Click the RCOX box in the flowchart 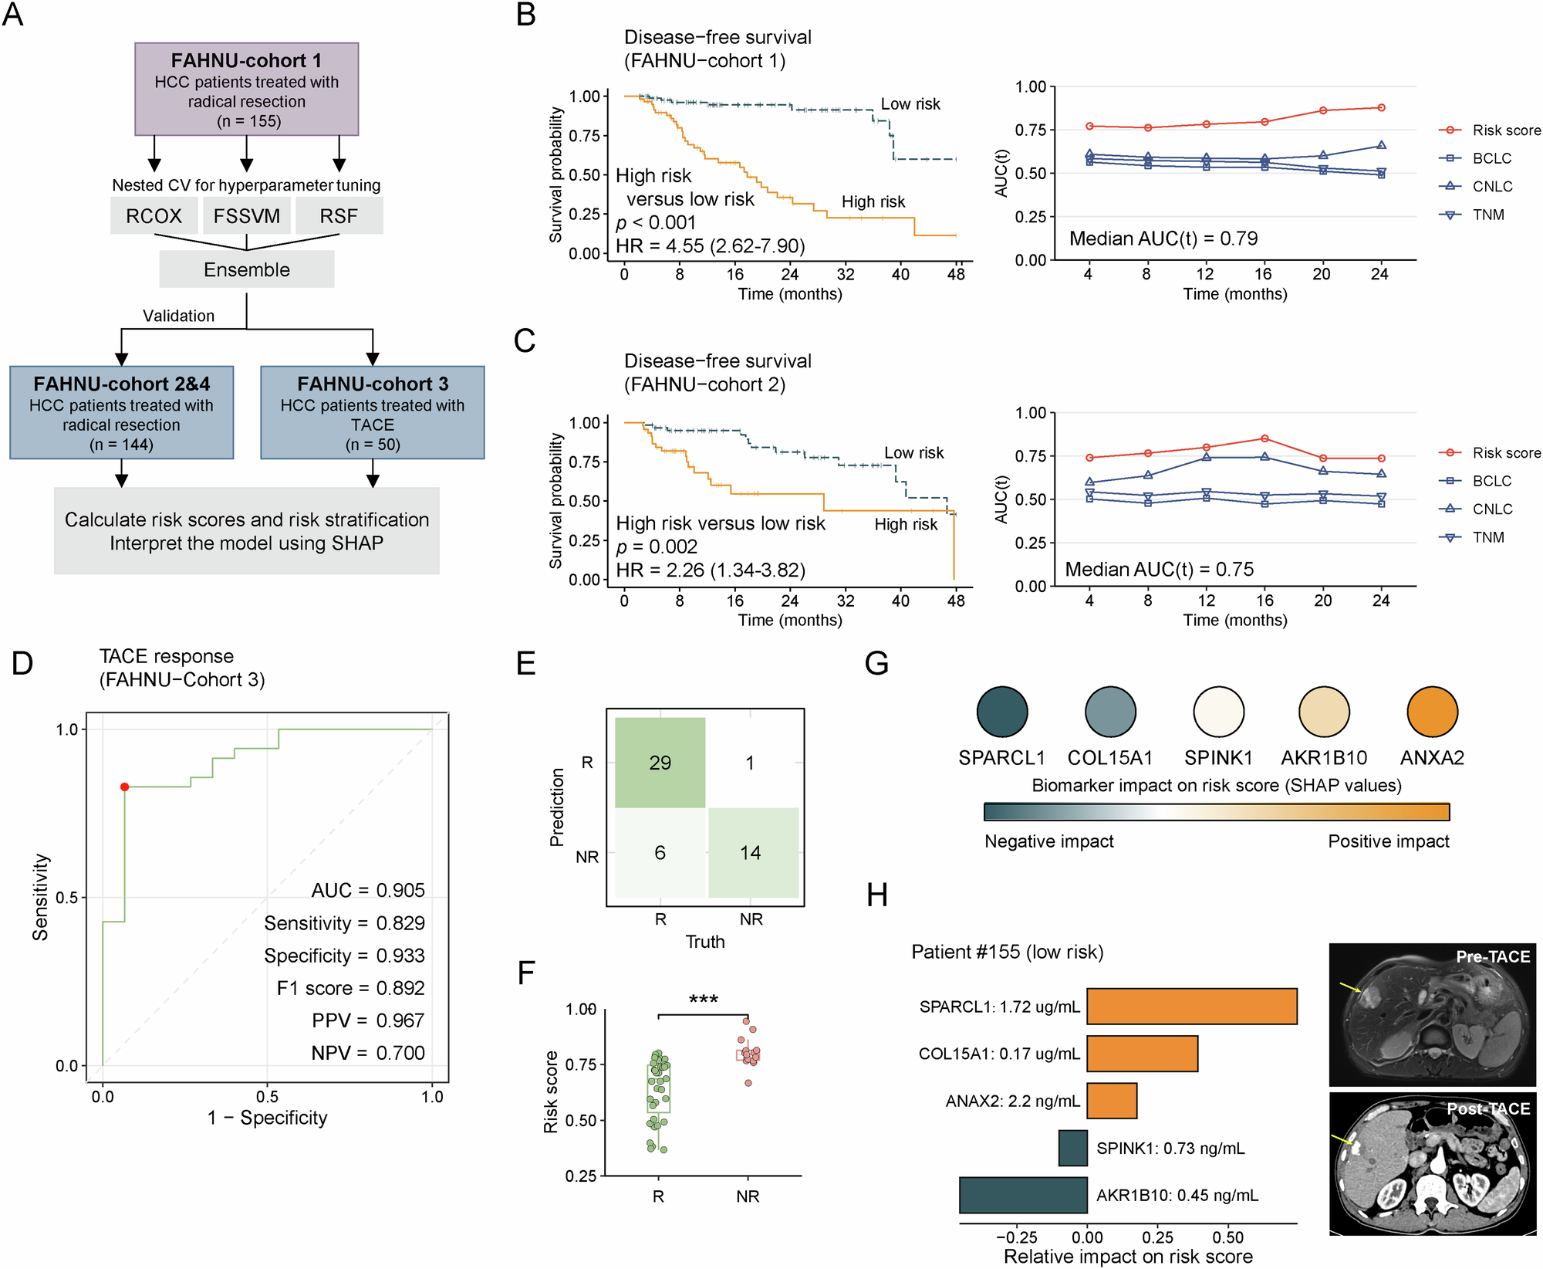click(x=154, y=216)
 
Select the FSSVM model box click(x=247, y=216)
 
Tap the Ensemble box click(x=247, y=269)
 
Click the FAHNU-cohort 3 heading click(x=373, y=384)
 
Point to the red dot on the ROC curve click(x=124, y=787)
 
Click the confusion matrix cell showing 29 click(x=660, y=763)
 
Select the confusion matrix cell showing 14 click(x=751, y=853)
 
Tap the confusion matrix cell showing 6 click(x=660, y=853)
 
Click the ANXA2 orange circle click(x=1432, y=712)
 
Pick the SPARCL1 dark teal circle click(x=1002, y=712)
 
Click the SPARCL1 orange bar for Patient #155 click(x=1192, y=1007)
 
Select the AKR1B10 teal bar click(x=1023, y=1195)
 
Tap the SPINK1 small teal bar click(x=1072, y=1148)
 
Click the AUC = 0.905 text click(x=368, y=890)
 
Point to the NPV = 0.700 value click(x=368, y=1053)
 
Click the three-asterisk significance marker click(x=704, y=1000)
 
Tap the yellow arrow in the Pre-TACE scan click(x=1350, y=988)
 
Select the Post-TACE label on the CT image click(x=1488, y=1108)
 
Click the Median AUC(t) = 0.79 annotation click(x=1163, y=239)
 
